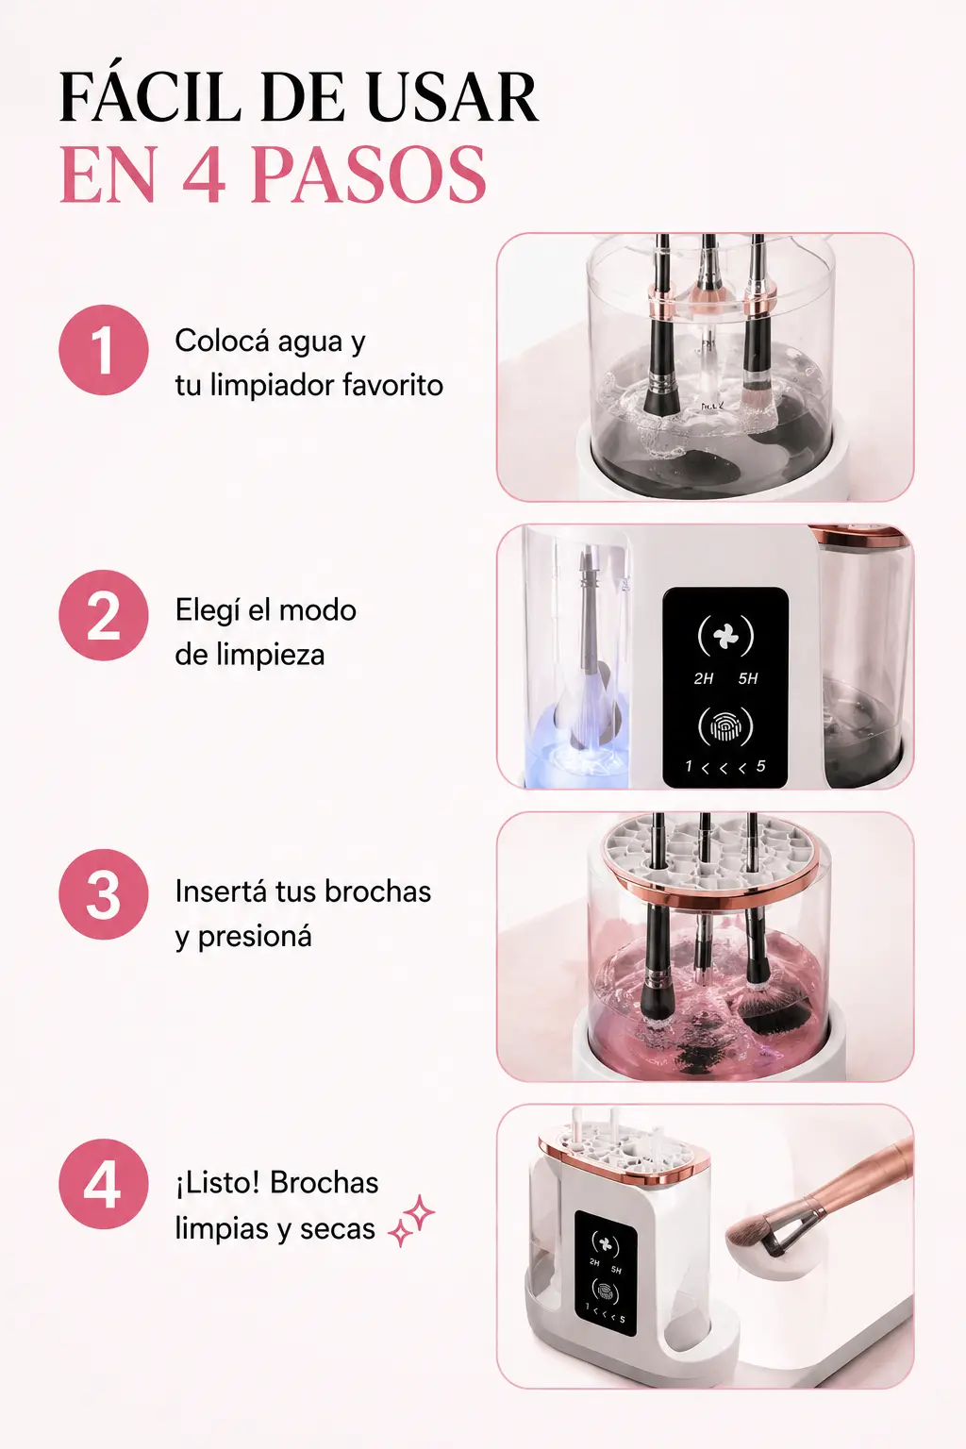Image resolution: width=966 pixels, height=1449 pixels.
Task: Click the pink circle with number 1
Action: coord(104,350)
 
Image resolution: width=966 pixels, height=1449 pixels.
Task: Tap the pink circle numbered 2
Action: coord(104,615)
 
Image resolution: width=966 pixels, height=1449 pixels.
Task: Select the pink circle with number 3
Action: coord(104,894)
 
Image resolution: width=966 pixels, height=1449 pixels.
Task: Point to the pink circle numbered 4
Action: coord(104,1185)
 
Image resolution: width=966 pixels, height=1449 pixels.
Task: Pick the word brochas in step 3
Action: coord(377,891)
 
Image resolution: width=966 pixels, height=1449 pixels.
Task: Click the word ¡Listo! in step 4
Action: coord(217,1182)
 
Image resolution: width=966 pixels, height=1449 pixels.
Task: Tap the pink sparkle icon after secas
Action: coord(411,1220)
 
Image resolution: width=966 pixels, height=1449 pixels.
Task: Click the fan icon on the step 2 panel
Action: coord(725,637)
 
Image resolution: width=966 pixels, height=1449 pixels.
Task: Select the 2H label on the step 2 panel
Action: coord(704,678)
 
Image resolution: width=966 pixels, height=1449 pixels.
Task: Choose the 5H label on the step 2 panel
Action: coord(747,678)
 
